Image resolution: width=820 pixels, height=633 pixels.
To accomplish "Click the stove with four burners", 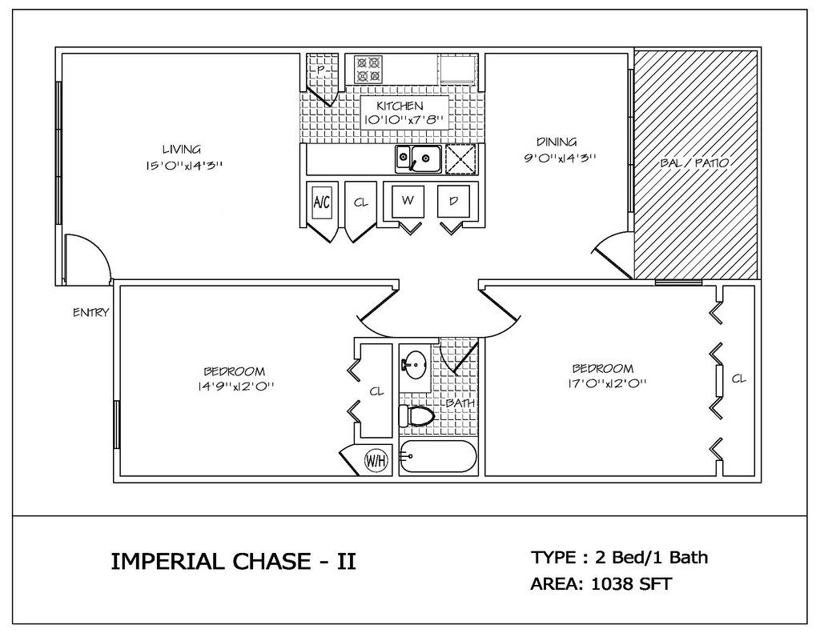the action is click(x=368, y=70).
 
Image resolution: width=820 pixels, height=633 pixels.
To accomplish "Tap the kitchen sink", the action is click(x=418, y=158).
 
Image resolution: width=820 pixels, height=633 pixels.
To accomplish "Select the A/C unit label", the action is click(x=322, y=202).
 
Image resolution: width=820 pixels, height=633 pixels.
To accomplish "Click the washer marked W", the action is click(x=408, y=201).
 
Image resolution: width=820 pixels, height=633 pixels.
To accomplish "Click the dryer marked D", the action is click(x=454, y=201).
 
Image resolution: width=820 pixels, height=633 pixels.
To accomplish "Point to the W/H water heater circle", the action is click(x=377, y=461).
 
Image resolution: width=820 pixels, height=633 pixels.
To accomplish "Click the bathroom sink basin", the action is click(x=416, y=364).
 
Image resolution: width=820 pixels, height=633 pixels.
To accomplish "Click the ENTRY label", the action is click(x=91, y=313).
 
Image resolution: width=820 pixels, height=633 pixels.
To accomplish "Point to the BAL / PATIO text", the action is click(x=694, y=163).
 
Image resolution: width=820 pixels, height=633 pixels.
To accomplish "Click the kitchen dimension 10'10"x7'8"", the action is click(x=404, y=120).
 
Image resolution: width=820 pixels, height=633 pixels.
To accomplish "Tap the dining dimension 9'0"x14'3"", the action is click(x=560, y=158).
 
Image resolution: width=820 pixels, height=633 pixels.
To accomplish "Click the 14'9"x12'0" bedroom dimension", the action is click(x=235, y=387).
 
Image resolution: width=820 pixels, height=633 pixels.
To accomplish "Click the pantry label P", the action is click(x=321, y=70).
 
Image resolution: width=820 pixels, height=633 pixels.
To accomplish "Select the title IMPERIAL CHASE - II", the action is click(x=234, y=562).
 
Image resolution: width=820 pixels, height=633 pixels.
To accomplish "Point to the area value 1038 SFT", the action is click(x=631, y=583).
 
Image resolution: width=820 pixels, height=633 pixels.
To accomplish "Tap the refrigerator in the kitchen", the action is click(x=456, y=70).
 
